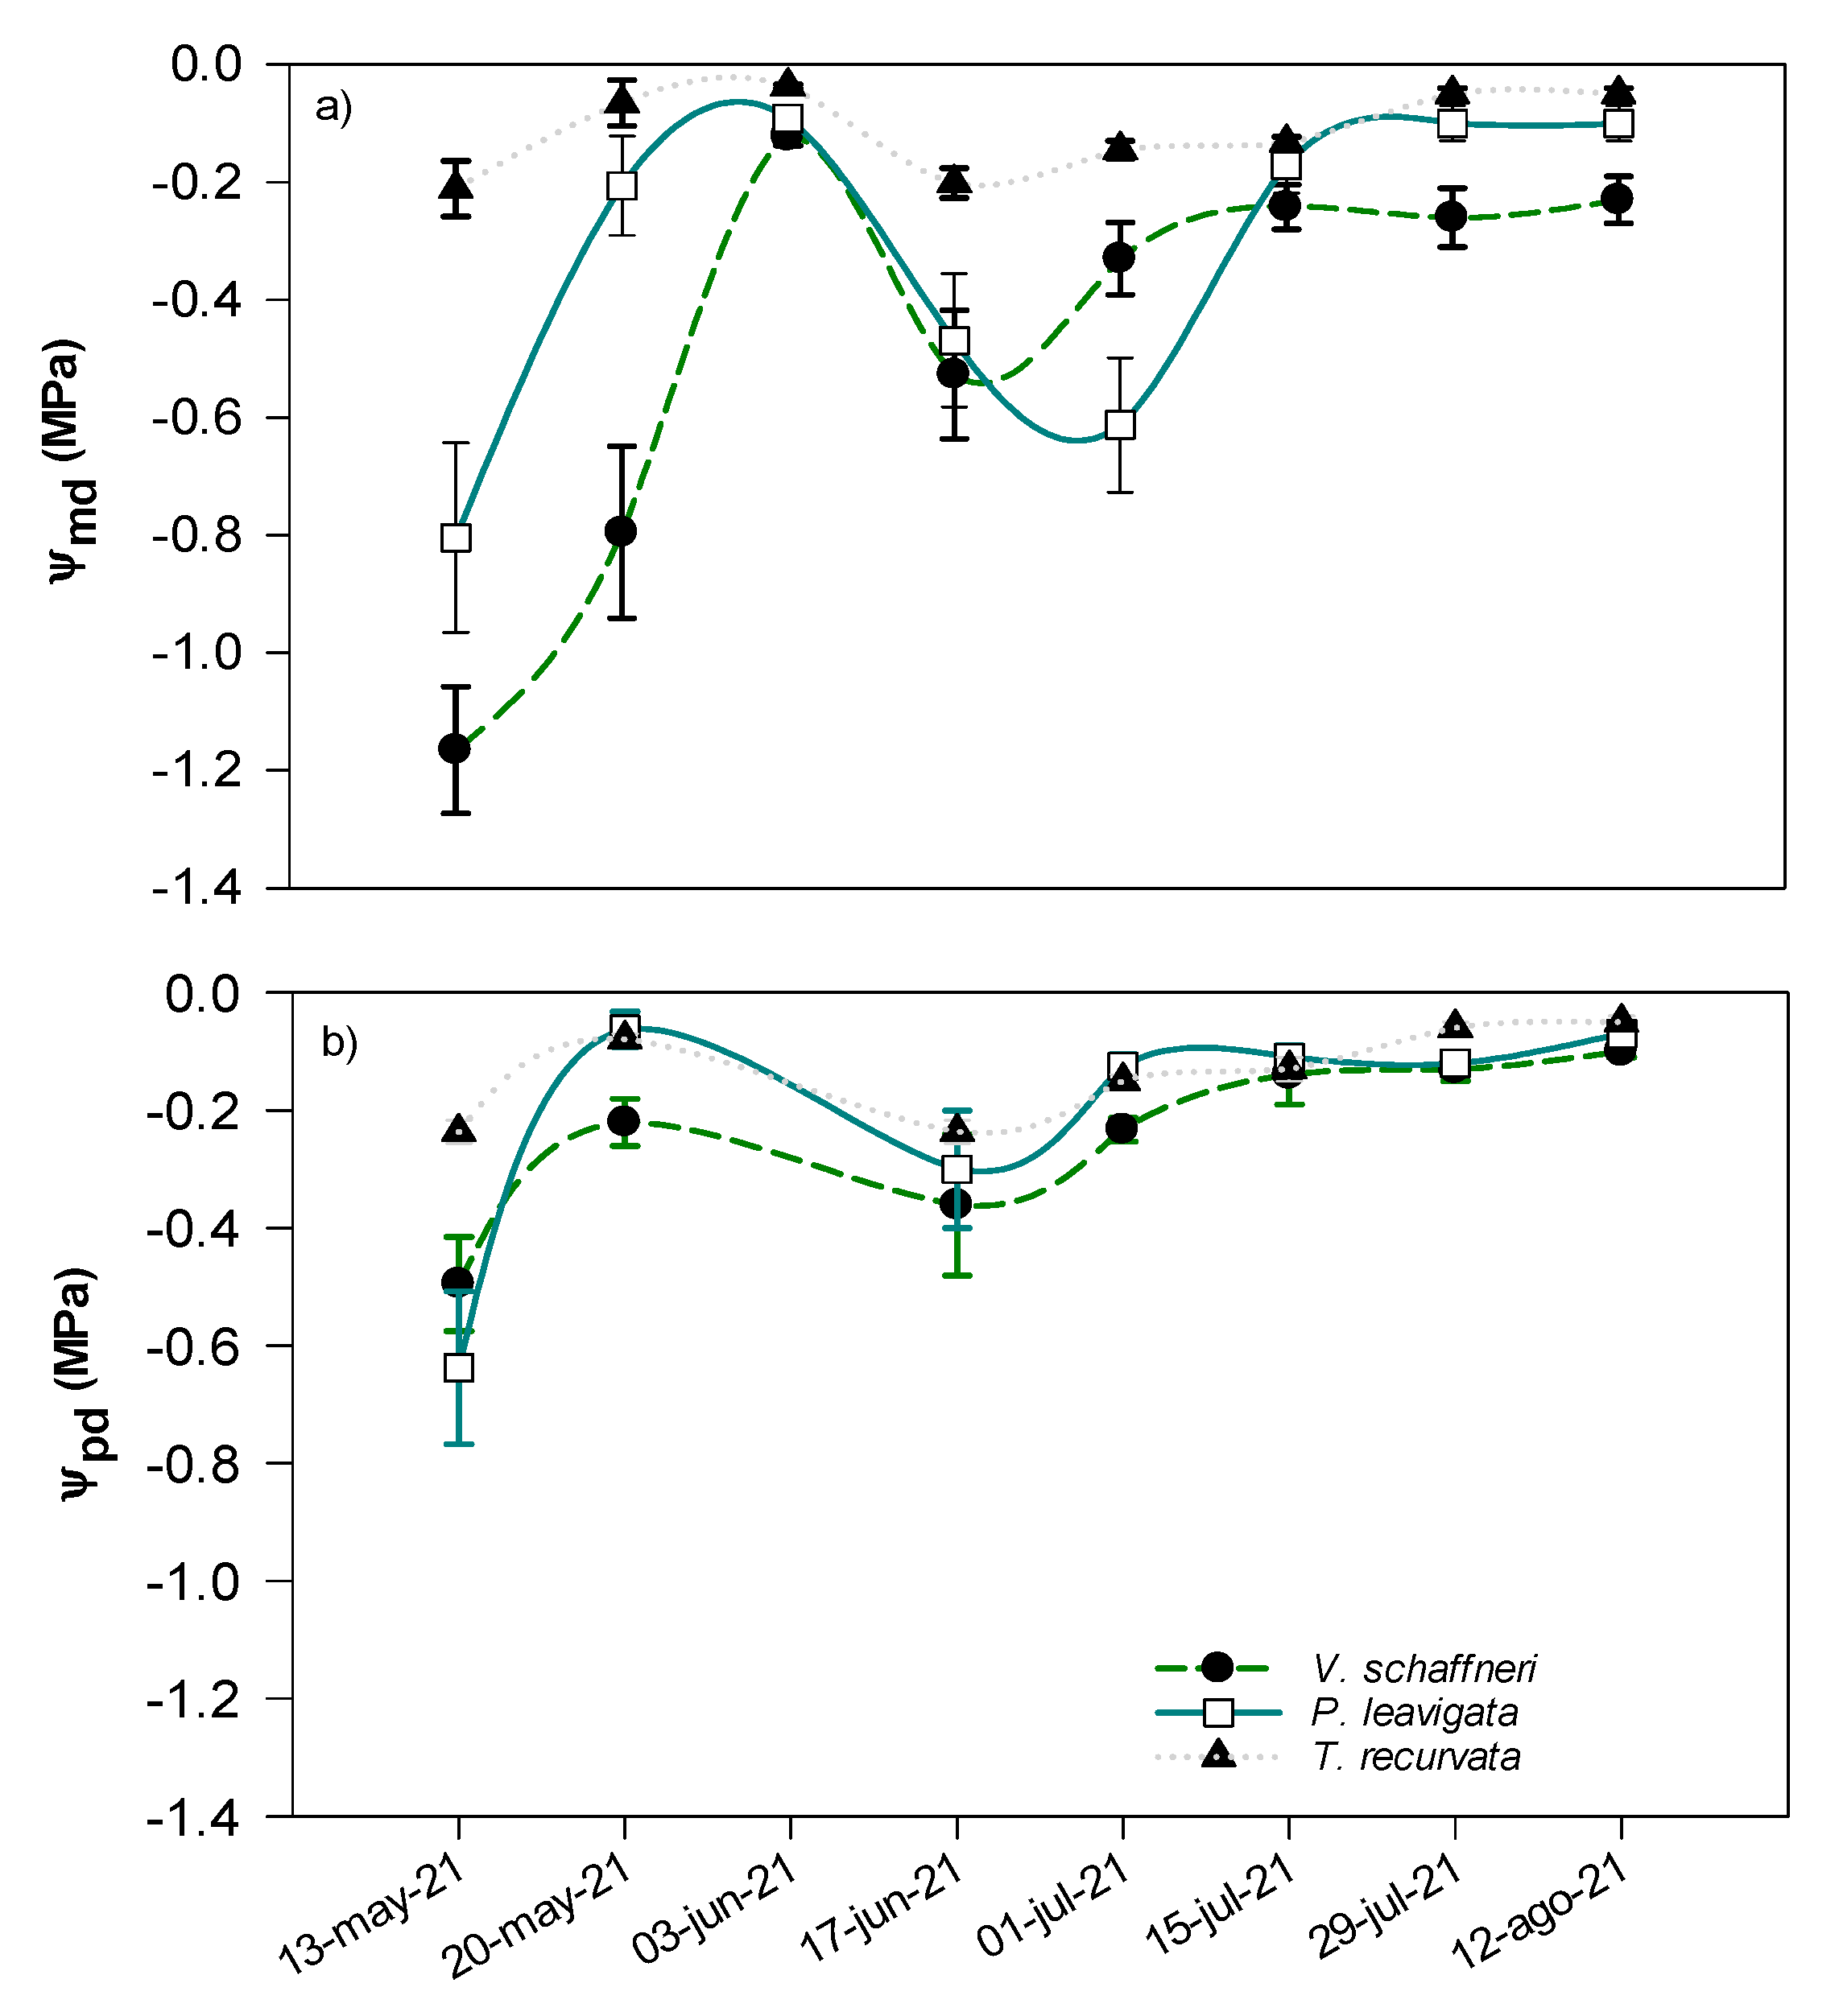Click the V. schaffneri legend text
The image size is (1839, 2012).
[x=1424, y=1668]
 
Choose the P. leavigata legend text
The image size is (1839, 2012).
[x=1415, y=1713]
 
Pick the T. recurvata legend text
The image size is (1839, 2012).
[x=1416, y=1757]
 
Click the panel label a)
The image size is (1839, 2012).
[x=333, y=105]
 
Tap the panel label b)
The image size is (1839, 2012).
[x=340, y=1042]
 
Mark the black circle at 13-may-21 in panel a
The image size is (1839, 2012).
[x=455, y=748]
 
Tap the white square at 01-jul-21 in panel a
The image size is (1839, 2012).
[x=1120, y=425]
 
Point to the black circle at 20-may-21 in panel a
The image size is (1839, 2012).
[x=621, y=531]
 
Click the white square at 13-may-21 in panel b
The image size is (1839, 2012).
[x=458, y=1368]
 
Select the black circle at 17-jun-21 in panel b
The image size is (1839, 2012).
[x=956, y=1205]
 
